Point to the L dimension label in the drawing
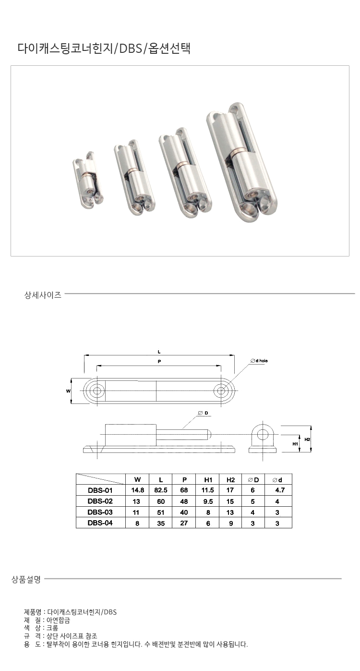click(159, 352)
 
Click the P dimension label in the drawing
click(159, 362)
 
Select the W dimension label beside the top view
click(68, 391)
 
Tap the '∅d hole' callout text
click(259, 361)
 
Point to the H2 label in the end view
click(307, 439)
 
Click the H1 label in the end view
click(295, 444)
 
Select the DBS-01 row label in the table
click(100, 490)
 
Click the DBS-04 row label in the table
click(100, 523)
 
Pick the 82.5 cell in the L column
click(161, 490)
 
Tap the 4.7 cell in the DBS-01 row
click(280, 490)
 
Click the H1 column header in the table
click(208, 480)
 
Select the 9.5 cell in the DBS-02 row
click(208, 501)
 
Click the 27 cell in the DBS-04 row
click(184, 523)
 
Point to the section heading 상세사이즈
click(43, 295)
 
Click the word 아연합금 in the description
click(59, 620)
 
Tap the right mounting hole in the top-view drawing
click(221, 391)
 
